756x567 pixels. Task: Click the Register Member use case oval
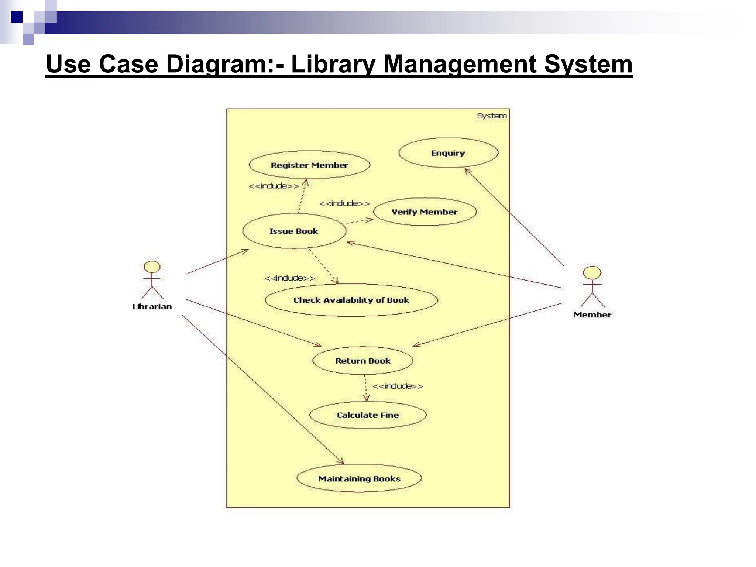[x=309, y=165]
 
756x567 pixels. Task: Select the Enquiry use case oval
[x=448, y=153]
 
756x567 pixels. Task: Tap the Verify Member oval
[x=425, y=212]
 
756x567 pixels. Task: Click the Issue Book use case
[x=294, y=231]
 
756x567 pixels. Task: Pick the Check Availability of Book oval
[x=351, y=300]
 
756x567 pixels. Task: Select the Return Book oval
[x=363, y=361]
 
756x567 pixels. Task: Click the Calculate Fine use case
[x=368, y=415]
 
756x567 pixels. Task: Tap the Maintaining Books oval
[x=359, y=479]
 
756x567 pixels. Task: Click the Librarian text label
[x=152, y=306]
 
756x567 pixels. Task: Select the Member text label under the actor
[x=592, y=315]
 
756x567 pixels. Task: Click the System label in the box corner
[x=492, y=116]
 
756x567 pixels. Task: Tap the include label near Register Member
[x=274, y=186]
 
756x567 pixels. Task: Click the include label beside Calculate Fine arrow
[x=398, y=386]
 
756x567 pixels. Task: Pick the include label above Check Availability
[x=290, y=278]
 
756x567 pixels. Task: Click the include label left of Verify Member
[x=344, y=203]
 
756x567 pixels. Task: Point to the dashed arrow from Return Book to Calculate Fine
[x=365, y=388]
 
